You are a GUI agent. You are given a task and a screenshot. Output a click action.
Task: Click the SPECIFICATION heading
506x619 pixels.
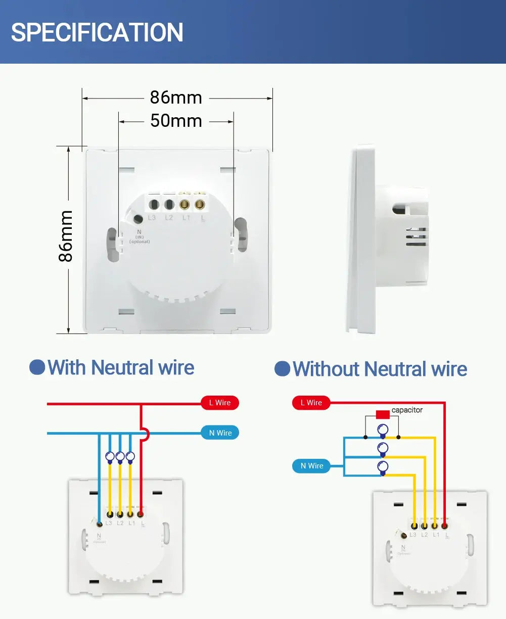pyautogui.click(x=97, y=32)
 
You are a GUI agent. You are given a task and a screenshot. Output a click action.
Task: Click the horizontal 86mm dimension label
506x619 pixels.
pyautogui.click(x=176, y=98)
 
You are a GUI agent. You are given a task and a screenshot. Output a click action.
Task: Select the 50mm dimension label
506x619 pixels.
pyautogui.click(x=176, y=121)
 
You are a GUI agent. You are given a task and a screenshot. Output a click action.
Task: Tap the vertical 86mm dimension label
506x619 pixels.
pyautogui.click(x=66, y=236)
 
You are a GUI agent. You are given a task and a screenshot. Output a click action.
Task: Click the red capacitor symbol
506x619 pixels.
pyautogui.click(x=383, y=414)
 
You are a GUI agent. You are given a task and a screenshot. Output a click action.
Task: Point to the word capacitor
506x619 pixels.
pyautogui.click(x=407, y=410)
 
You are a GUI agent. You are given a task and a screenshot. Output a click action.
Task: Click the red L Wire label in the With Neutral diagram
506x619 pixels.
pyautogui.click(x=220, y=403)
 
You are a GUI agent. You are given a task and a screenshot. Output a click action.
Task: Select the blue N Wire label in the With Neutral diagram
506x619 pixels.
pyautogui.click(x=220, y=433)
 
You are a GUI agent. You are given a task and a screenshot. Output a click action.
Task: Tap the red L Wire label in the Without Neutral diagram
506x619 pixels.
pyautogui.click(x=311, y=403)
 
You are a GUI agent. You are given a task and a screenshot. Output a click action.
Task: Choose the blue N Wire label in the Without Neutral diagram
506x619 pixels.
pyautogui.click(x=311, y=466)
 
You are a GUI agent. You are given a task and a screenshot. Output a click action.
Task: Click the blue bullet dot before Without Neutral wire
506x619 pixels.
pyautogui.click(x=282, y=369)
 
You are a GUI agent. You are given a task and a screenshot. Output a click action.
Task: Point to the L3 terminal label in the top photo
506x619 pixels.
pyautogui.click(x=152, y=218)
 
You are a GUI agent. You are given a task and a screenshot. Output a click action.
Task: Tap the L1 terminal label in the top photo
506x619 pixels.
pyautogui.click(x=186, y=218)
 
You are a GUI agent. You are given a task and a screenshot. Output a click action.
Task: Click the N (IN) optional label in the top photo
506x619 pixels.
pyautogui.click(x=139, y=236)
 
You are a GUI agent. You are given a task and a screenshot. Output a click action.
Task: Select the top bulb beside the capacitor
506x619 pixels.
pyautogui.click(x=383, y=431)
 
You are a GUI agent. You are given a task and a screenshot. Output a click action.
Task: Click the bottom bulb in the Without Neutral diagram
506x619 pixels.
pyautogui.click(x=383, y=467)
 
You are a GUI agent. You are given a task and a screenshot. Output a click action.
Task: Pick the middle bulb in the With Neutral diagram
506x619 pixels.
pyautogui.click(x=120, y=457)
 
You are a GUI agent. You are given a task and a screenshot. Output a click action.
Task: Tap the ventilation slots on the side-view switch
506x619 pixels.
pyautogui.click(x=416, y=237)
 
